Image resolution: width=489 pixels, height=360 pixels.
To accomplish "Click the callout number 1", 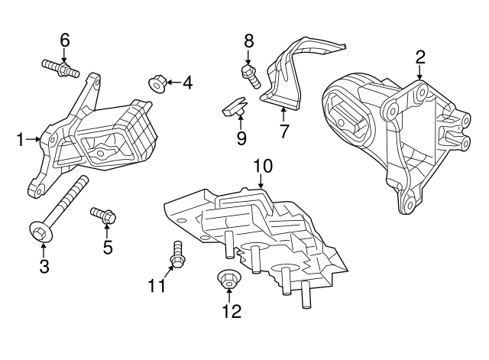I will tap(21, 139).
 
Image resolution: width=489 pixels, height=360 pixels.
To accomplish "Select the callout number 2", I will tap(420, 56).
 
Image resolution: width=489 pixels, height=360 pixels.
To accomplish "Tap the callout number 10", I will tap(261, 164).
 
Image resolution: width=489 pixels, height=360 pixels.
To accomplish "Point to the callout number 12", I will tap(231, 311).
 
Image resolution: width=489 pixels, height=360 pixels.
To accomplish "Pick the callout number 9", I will tap(241, 138).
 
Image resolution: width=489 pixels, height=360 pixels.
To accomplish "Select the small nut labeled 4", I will tap(157, 83).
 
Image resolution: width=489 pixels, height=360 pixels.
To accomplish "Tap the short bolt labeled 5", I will tap(103, 216).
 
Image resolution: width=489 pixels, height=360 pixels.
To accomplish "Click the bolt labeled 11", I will tap(177, 255).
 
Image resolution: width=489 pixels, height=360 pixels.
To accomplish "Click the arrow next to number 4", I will tap(173, 83).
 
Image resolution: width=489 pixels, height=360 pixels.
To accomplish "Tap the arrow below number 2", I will tap(420, 73).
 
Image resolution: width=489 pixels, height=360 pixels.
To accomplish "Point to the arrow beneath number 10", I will tap(261, 180).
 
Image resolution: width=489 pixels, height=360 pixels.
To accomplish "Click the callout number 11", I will tap(157, 286).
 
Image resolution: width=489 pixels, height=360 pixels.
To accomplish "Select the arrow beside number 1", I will tap(35, 139).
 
